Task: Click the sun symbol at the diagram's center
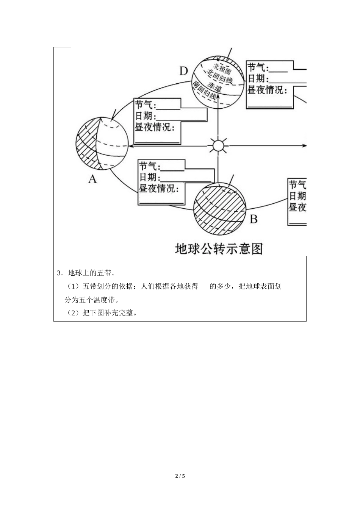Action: (x=218, y=145)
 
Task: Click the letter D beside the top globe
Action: (x=183, y=71)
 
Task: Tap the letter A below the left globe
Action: (x=92, y=179)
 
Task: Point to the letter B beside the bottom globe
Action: (x=254, y=219)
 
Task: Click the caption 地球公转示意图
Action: (x=219, y=248)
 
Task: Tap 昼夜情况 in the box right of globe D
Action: (x=265, y=90)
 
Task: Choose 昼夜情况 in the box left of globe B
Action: (x=158, y=188)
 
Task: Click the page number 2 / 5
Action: (x=180, y=476)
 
